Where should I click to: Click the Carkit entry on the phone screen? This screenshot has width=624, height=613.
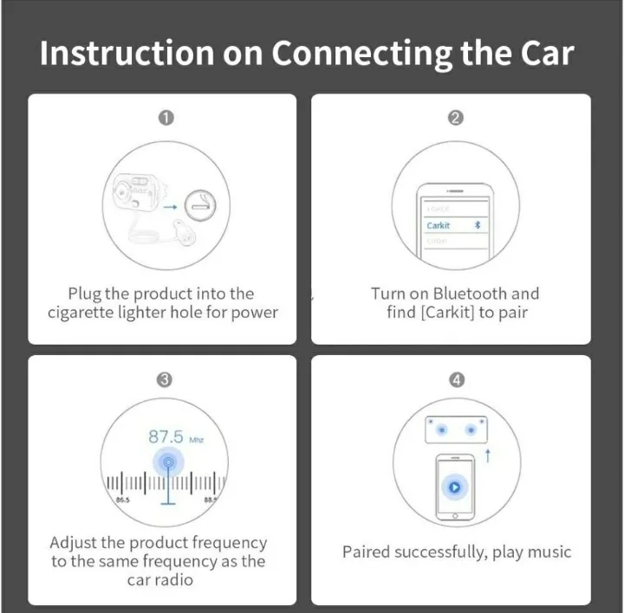[x=439, y=225]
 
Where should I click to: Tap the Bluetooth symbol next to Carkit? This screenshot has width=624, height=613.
[x=476, y=225]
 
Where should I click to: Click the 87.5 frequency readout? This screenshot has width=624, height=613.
[x=165, y=437]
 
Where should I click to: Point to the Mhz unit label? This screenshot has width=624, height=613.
[x=196, y=440]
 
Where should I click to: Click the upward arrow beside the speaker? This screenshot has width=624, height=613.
[x=487, y=455]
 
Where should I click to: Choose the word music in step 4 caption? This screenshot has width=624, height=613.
[x=549, y=552]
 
